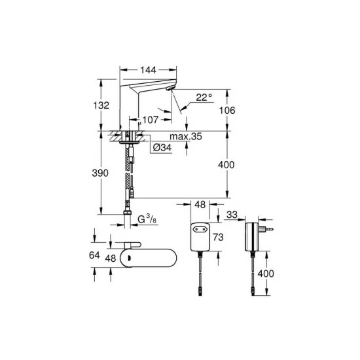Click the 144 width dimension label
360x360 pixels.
(x=148, y=70)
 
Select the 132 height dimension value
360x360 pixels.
(x=101, y=105)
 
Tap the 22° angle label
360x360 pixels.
(x=204, y=98)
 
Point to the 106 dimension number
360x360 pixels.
(x=227, y=111)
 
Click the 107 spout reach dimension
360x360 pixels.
(x=151, y=120)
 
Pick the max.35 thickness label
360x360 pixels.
(x=186, y=136)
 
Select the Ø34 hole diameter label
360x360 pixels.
(x=162, y=148)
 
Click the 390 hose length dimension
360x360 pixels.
(x=100, y=173)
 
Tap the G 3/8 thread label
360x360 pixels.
(x=147, y=219)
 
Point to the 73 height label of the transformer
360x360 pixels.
(x=218, y=237)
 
